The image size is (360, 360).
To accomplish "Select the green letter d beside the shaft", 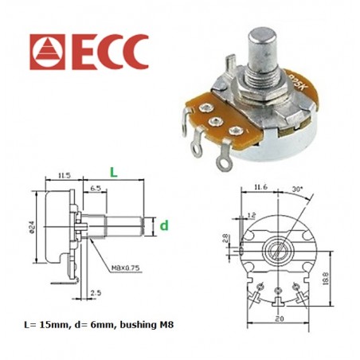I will (x=164, y=225).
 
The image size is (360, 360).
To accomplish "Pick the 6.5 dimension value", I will (x=95, y=189).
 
